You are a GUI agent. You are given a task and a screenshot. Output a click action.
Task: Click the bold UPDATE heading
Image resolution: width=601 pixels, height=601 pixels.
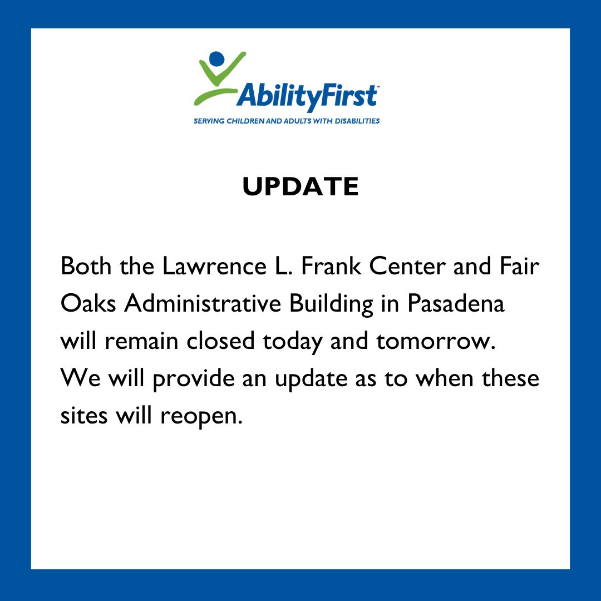[300, 186]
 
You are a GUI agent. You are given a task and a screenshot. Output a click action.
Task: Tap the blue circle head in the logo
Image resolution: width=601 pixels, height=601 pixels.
[216, 58]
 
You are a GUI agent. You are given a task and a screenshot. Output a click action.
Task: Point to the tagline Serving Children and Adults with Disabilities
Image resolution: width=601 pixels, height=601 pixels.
[286, 121]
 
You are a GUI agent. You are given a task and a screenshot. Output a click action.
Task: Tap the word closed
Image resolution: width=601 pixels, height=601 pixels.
[220, 341]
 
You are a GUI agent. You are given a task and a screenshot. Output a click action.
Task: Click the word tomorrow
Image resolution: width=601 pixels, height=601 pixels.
[435, 341]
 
